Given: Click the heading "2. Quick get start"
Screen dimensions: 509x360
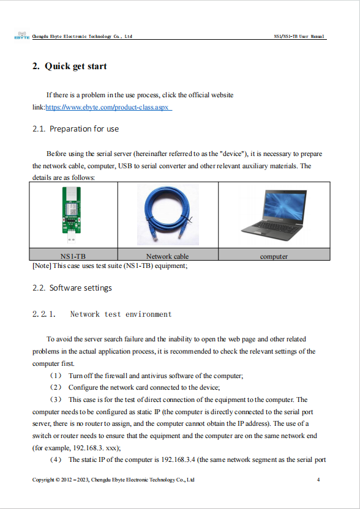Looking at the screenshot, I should coord(69,66).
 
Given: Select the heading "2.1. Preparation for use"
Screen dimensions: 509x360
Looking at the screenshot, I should coord(75,129).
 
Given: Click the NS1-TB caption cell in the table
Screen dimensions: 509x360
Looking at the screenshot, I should coord(73,256).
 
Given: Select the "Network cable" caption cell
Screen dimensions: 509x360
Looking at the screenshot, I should coord(167,256).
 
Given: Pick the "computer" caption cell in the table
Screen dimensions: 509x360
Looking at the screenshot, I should coord(274,256).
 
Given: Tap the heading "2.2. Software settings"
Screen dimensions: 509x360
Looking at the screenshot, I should coord(72,288).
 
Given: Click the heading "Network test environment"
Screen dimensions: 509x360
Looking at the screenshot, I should coord(121,314).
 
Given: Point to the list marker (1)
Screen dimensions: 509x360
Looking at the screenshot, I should coord(56,375).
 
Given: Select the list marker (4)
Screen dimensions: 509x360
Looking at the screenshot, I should coord(56,459).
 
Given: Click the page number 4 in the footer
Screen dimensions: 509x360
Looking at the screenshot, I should coord(318,480).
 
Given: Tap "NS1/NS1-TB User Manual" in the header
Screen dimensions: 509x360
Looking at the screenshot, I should coord(299,37).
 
